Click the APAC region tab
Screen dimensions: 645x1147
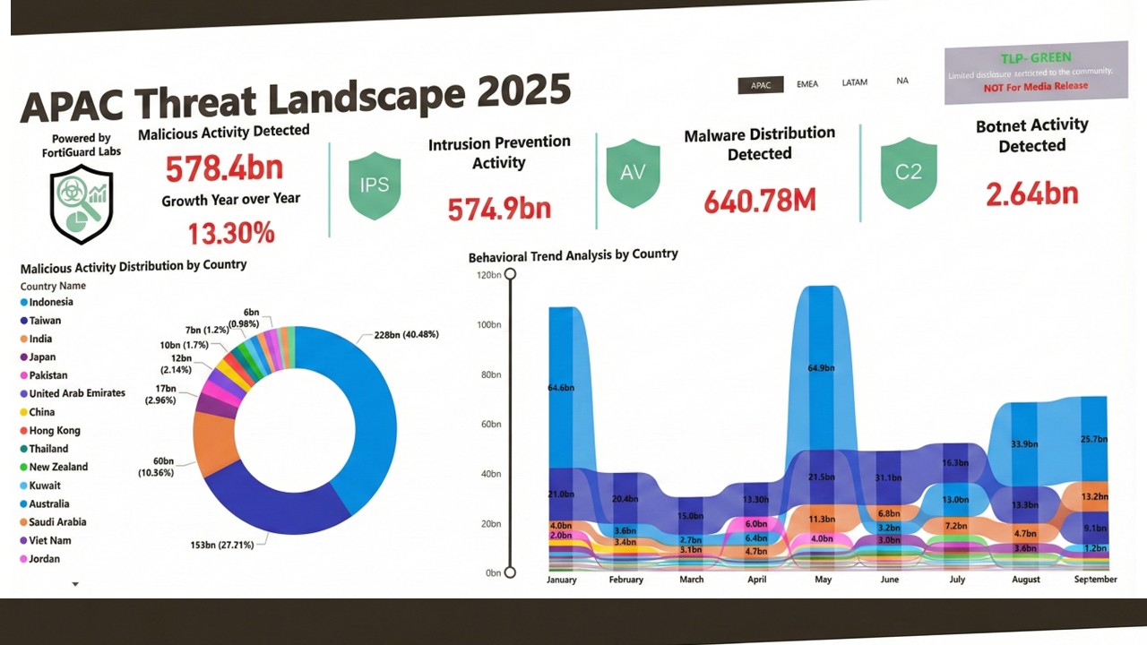pyautogui.click(x=761, y=85)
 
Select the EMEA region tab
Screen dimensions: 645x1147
pyautogui.click(x=807, y=84)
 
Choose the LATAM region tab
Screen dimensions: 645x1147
pyautogui.click(x=855, y=82)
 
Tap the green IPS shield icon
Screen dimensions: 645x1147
pyautogui.click(x=375, y=185)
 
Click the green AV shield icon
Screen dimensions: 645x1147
pyautogui.click(x=633, y=174)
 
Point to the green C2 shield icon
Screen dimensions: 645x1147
pyautogui.click(x=909, y=172)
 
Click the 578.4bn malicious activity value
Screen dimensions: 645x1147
pyautogui.click(x=224, y=168)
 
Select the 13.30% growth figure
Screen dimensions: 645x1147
pyautogui.click(x=231, y=234)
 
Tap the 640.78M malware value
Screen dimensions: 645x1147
pyautogui.click(x=760, y=202)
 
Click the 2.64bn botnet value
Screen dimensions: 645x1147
pyautogui.click(x=1032, y=193)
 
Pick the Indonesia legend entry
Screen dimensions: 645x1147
pyautogui.click(x=51, y=303)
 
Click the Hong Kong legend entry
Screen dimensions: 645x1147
pyautogui.click(x=55, y=431)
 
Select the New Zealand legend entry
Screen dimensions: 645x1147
pyautogui.click(x=58, y=468)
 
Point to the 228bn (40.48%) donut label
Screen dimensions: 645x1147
pyautogui.click(x=400, y=336)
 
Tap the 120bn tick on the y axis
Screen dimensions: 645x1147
pyautogui.click(x=488, y=275)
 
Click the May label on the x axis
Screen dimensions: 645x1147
pyautogui.click(x=823, y=580)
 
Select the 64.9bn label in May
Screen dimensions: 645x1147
pyautogui.click(x=820, y=368)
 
